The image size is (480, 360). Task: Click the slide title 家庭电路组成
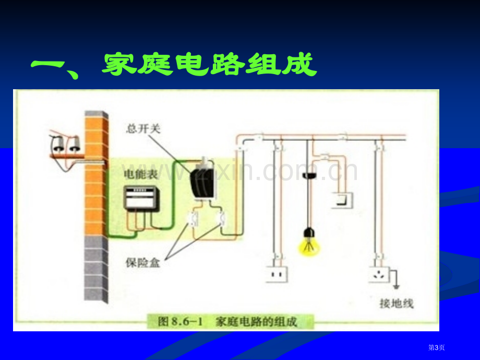(210, 65)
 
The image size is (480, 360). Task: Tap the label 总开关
(143, 128)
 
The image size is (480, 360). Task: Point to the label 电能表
(140, 174)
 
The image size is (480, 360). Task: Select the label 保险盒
(142, 262)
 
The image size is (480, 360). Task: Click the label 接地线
(397, 303)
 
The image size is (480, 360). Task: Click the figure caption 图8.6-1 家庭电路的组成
(227, 322)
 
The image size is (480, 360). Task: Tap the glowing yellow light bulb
(309, 243)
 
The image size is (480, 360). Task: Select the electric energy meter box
(141, 199)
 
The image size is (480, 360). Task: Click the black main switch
(202, 181)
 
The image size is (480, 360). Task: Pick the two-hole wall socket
(277, 274)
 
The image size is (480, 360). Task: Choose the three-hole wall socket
(379, 274)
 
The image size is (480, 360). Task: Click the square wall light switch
(342, 200)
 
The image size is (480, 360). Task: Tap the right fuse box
(221, 219)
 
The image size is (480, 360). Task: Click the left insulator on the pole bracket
(57, 145)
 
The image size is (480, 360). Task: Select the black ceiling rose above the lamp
(309, 176)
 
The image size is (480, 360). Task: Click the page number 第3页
(437, 347)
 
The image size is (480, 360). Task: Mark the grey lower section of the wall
(96, 269)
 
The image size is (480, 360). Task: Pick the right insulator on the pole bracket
(75, 145)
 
